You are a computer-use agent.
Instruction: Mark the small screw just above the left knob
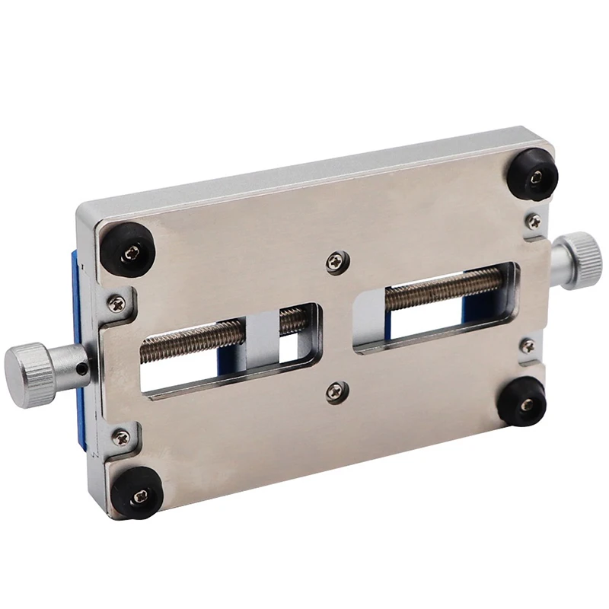tap(116, 302)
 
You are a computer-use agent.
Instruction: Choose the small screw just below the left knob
tap(120, 436)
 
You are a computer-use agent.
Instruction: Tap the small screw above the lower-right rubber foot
tap(527, 347)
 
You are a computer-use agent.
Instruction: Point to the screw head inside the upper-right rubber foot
tap(537, 176)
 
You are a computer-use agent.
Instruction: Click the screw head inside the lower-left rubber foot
tap(140, 496)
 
